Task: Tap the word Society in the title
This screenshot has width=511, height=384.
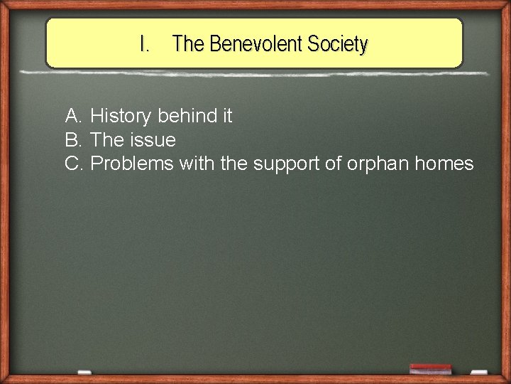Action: click(338, 44)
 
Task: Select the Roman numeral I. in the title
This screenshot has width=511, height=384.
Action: click(145, 44)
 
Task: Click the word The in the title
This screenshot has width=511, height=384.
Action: click(188, 44)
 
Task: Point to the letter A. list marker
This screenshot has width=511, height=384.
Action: click(74, 115)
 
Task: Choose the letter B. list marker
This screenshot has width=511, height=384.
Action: click(74, 139)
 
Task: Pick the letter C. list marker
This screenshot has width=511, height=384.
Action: click(75, 164)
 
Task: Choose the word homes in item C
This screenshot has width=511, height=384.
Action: click(444, 164)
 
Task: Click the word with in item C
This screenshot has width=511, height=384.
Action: click(197, 164)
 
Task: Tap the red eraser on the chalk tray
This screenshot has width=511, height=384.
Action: click(430, 369)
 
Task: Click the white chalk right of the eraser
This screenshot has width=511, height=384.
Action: click(479, 371)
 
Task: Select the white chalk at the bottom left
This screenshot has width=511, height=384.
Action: click(84, 372)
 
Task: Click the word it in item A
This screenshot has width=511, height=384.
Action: click(225, 115)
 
